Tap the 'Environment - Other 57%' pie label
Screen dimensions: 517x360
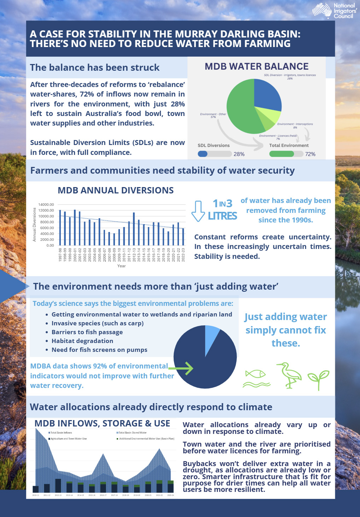213,115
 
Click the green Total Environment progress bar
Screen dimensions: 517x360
281,154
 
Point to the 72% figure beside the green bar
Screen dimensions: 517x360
310,154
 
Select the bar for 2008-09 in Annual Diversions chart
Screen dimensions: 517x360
114,239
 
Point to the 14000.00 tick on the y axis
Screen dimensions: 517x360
46,205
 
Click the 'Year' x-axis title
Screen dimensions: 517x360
121,266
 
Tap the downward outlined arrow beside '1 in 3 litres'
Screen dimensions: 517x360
198,211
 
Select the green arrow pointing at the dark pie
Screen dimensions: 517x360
181,368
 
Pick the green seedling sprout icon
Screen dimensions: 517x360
318,378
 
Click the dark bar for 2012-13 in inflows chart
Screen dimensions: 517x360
58,486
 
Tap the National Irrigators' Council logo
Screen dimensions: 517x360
334,10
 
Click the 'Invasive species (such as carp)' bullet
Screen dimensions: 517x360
97,323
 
